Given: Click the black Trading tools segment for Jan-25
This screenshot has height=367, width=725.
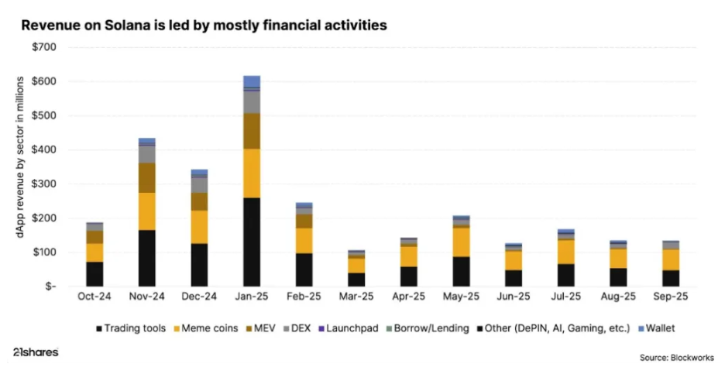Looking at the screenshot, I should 252,242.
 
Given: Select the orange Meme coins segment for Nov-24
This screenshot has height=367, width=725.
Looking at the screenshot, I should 147,211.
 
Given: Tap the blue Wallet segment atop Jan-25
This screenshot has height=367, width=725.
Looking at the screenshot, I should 252,81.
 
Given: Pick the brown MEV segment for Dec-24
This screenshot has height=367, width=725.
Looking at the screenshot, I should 199,201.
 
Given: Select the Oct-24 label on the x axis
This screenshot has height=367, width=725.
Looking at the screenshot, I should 94,297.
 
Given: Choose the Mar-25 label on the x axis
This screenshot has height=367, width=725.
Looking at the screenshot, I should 357,297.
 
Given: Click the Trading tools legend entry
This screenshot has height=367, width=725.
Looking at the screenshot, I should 132,328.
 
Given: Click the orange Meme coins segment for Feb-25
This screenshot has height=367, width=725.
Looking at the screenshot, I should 304,240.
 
